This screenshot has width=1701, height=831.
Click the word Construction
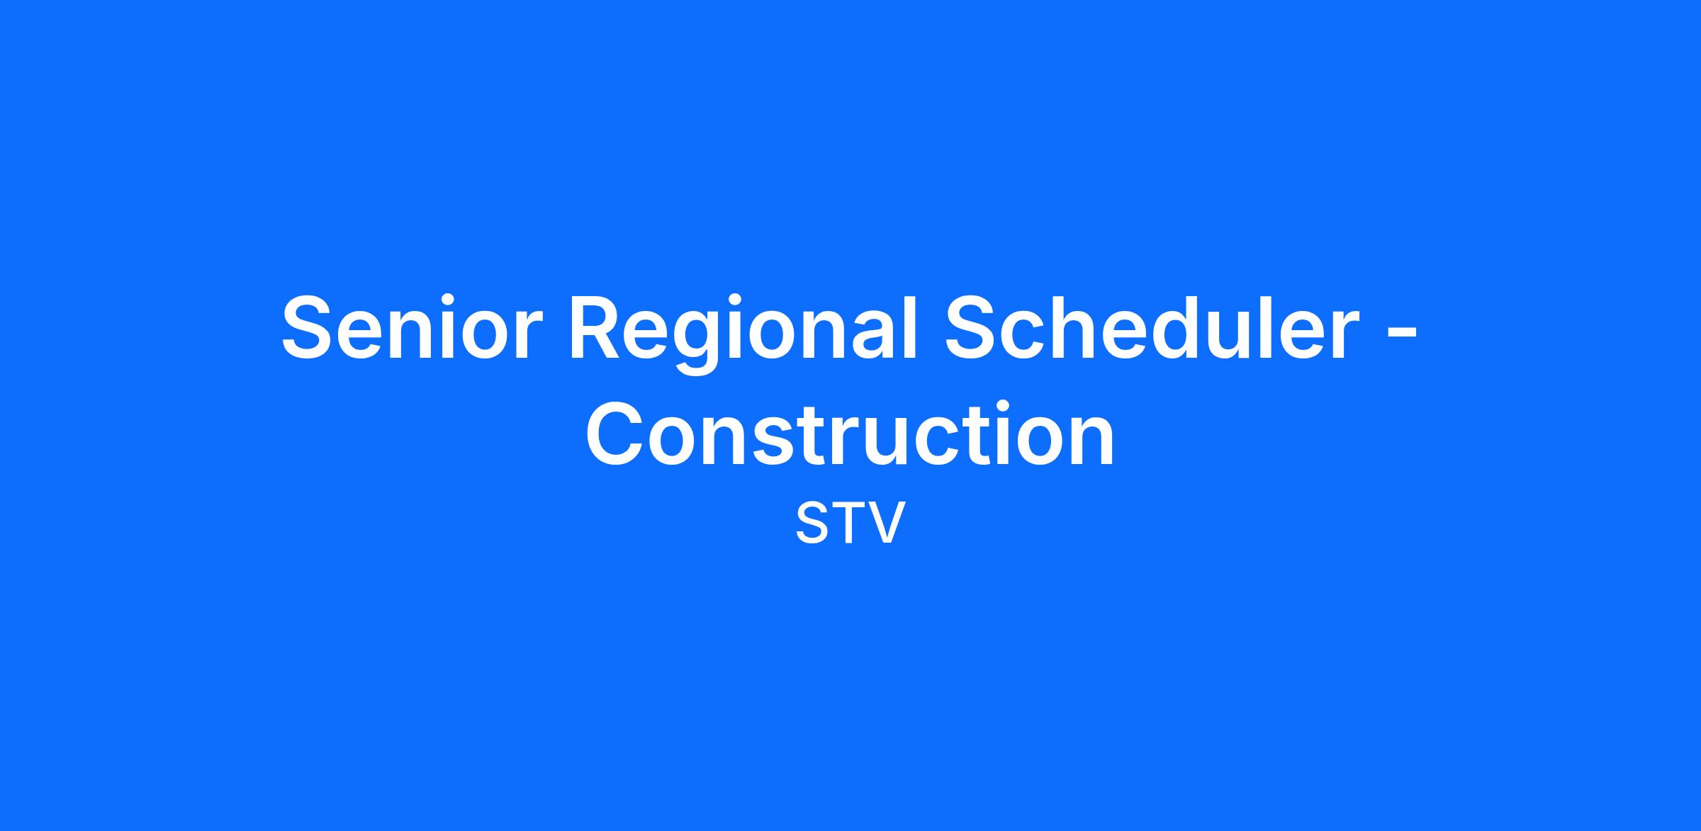click(x=850, y=433)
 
